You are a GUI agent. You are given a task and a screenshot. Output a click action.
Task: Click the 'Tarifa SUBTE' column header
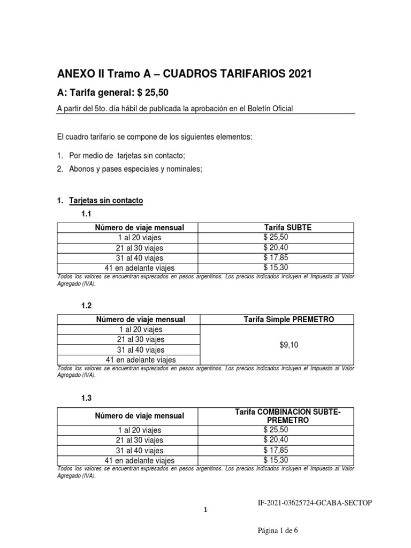tap(276, 227)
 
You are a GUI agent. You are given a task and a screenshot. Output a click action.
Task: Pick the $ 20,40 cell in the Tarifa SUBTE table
tap(276, 248)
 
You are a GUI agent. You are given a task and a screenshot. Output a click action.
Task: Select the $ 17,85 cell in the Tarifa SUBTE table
tap(276, 257)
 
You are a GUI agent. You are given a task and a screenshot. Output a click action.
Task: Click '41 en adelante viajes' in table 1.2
tap(140, 360)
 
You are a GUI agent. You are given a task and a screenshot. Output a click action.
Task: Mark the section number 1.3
tap(87, 398)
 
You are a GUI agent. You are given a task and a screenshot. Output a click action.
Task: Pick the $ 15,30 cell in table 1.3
tap(276, 459)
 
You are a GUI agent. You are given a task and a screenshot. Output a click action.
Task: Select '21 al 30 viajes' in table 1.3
tap(140, 440)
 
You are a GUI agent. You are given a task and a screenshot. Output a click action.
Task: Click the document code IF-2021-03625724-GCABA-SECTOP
tap(315, 504)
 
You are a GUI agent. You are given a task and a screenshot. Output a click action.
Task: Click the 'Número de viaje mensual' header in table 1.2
tap(140, 319)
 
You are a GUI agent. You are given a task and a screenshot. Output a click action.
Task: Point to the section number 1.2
tap(87, 306)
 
